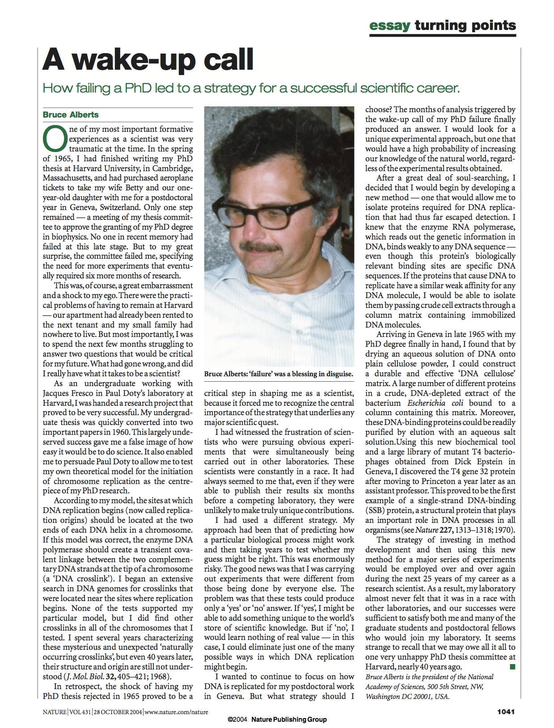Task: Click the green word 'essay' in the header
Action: [x=389, y=25]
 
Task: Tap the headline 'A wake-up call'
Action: [x=148, y=60]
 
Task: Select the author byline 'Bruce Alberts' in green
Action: [x=71, y=114]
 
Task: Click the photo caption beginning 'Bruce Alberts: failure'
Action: [x=279, y=374]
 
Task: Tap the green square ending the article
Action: [x=512, y=667]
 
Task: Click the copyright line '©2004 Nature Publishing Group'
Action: [x=277, y=720]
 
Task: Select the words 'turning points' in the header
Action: [x=465, y=25]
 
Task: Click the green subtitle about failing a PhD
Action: [x=251, y=88]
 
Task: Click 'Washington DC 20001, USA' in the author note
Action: [x=407, y=696]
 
